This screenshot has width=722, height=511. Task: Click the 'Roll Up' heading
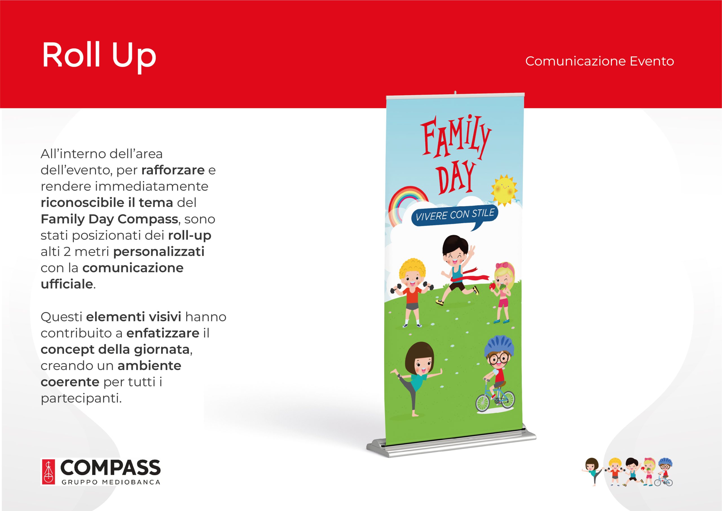(99, 56)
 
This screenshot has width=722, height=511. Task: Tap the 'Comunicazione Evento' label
(599, 61)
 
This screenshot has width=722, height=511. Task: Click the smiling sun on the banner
(504, 190)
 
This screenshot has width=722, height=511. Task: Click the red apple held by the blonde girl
(493, 286)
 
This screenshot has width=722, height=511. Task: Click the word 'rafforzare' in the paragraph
(173, 170)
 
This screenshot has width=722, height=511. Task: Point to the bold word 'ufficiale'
(67, 284)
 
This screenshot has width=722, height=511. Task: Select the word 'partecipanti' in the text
(81, 399)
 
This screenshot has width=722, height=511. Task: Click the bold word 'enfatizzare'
(163, 333)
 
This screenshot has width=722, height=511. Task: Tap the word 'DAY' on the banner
(457, 177)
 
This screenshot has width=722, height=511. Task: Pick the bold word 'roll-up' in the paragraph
(190, 235)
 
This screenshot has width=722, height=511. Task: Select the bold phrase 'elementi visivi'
(134, 317)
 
